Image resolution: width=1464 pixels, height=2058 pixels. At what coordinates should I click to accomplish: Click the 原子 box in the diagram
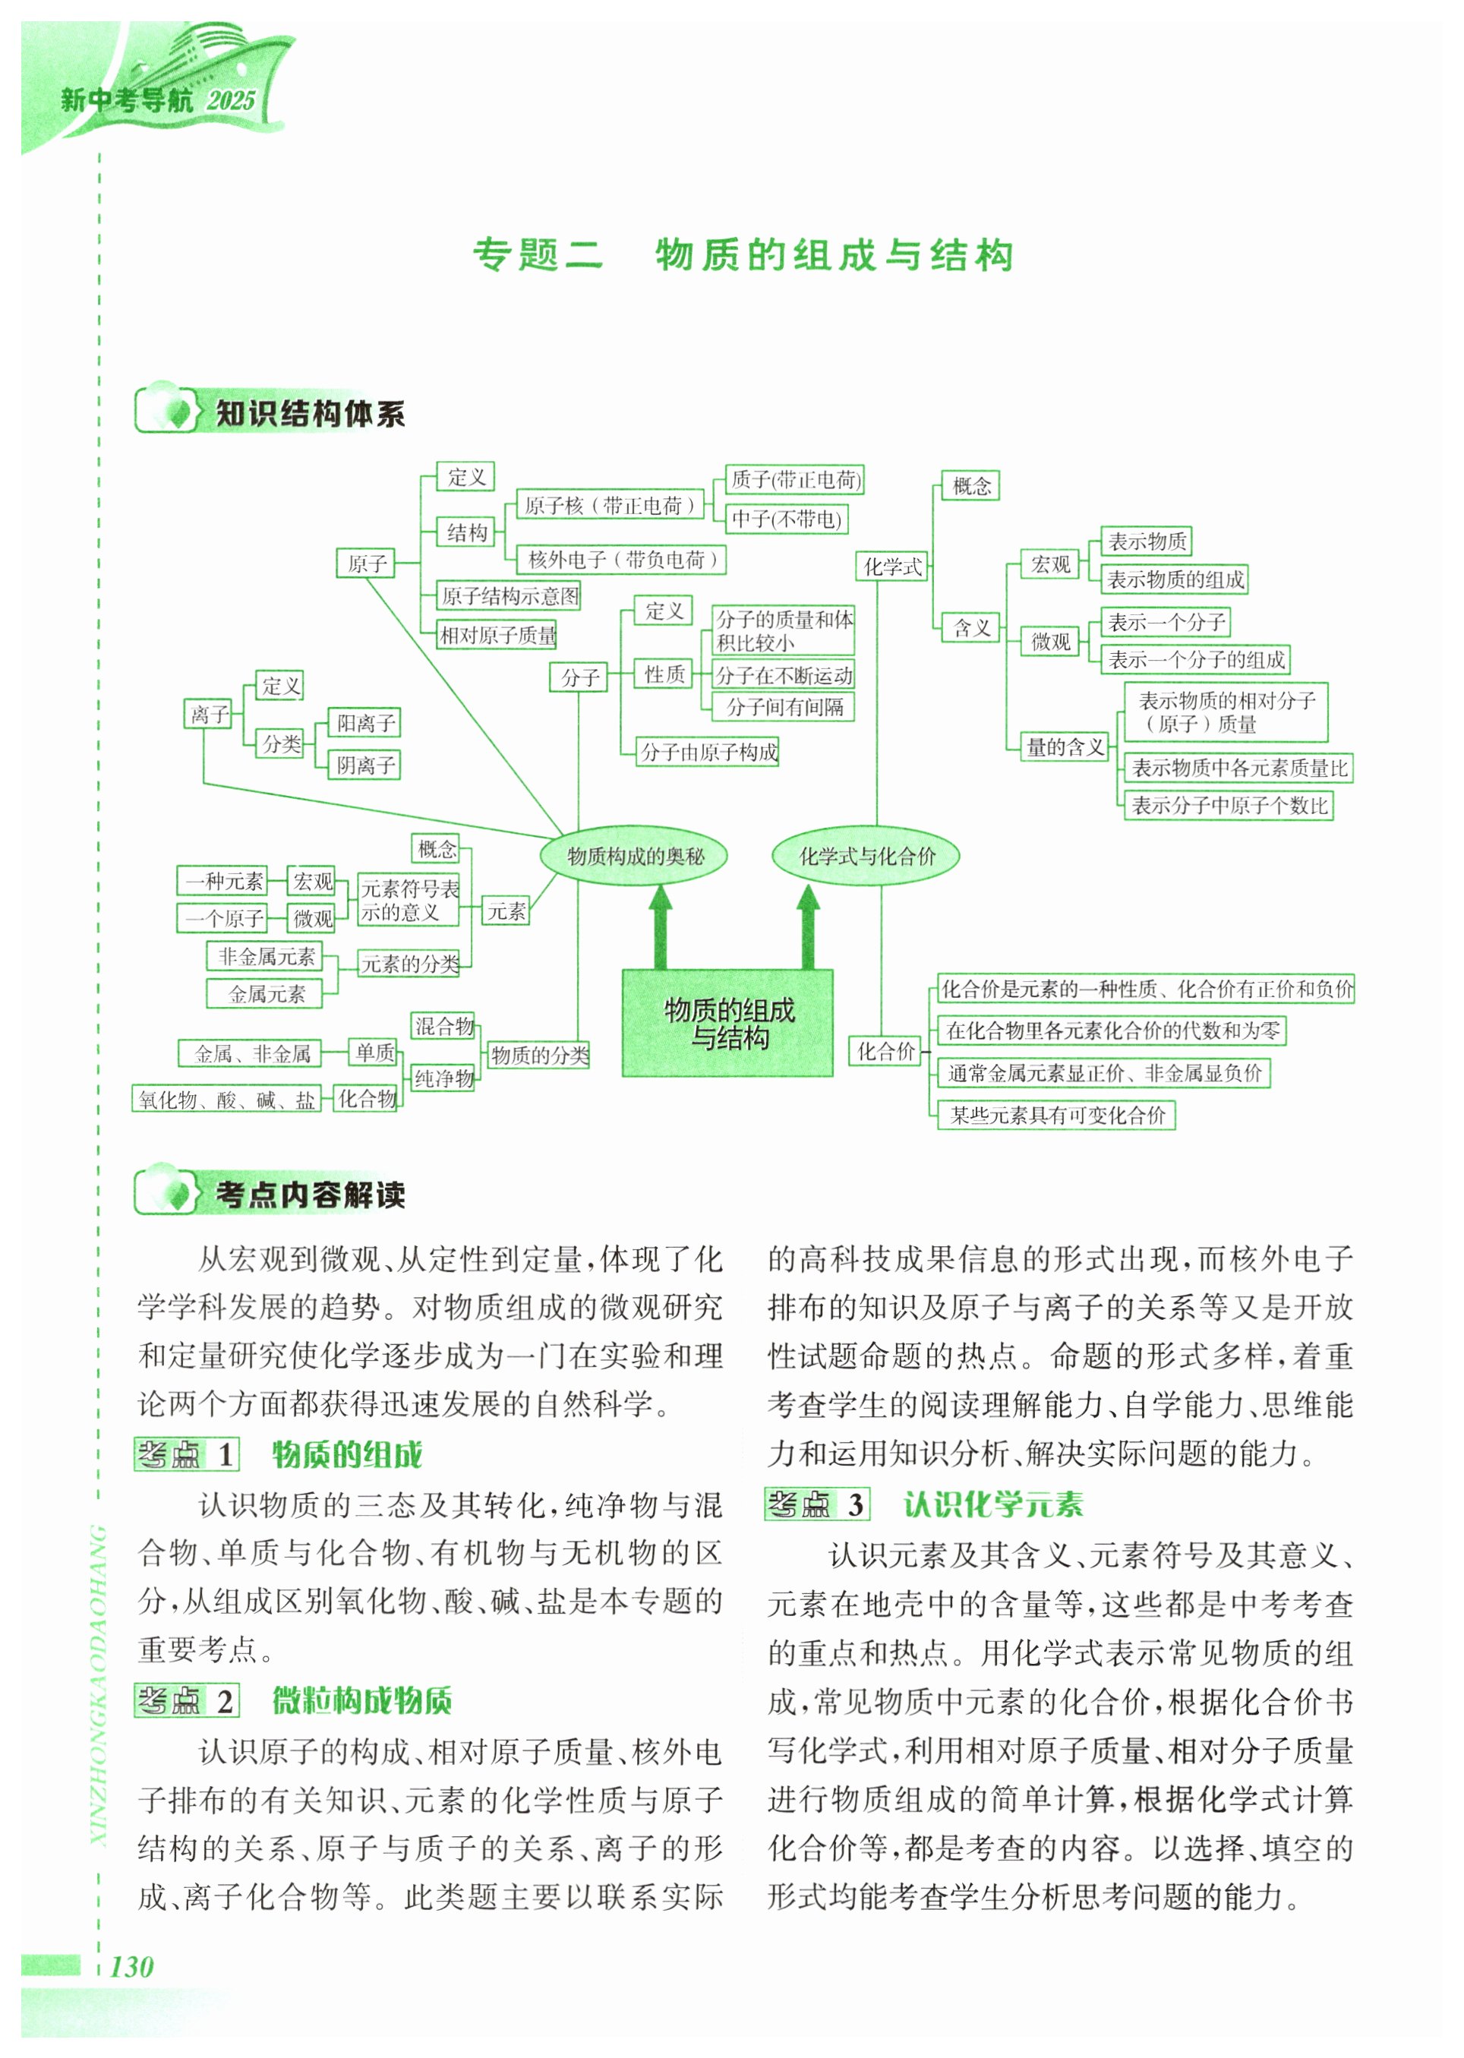pyautogui.click(x=366, y=563)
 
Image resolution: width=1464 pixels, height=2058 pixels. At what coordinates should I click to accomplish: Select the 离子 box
pyautogui.click(x=208, y=715)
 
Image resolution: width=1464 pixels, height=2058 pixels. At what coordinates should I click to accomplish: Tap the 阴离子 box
pyautogui.click(x=365, y=765)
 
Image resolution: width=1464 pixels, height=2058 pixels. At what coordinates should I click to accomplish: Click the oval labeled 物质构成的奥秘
pyautogui.click(x=635, y=855)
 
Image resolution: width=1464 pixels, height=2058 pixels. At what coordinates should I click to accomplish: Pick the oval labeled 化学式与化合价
pyautogui.click(x=866, y=855)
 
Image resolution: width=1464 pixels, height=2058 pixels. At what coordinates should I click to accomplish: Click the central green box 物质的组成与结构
pyautogui.click(x=727, y=1023)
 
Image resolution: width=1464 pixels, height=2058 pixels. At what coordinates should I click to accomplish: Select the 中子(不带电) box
pyautogui.click(x=786, y=519)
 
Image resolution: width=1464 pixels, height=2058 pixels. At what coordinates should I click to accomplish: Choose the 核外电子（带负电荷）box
pyautogui.click(x=622, y=560)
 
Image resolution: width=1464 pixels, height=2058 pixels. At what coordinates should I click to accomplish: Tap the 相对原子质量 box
pyautogui.click(x=497, y=636)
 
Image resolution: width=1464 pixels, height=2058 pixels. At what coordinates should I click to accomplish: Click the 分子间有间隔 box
pyautogui.click(x=784, y=707)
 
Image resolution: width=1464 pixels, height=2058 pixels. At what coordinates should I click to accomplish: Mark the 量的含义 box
pyautogui.click(x=1065, y=746)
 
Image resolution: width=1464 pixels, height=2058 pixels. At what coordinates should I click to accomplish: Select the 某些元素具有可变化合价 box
pyautogui.click(x=1056, y=1115)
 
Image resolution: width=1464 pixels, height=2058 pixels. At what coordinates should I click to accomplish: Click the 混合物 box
pyautogui.click(x=443, y=1026)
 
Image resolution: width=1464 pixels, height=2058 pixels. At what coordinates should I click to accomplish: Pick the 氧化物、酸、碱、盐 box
pyautogui.click(x=226, y=1100)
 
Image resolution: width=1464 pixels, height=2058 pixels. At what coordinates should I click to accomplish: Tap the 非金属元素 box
pyautogui.click(x=266, y=955)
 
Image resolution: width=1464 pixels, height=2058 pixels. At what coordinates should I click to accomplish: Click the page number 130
pyautogui.click(x=131, y=1966)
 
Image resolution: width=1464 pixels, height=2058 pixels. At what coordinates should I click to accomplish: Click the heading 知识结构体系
pyautogui.click(x=310, y=414)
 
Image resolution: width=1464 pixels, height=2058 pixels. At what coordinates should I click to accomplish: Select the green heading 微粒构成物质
pyautogui.click(x=362, y=1700)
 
